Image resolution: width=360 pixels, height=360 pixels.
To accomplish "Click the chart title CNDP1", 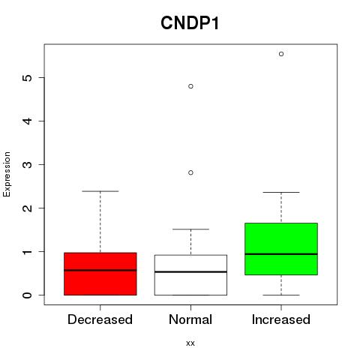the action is pos(190,23).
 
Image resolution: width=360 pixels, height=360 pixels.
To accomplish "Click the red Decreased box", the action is pos(100,274).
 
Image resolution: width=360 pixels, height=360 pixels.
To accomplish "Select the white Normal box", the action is pos(190,275).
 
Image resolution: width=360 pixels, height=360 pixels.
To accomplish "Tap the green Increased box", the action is pos(281,249).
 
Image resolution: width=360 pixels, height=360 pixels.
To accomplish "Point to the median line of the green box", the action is pos(281,254).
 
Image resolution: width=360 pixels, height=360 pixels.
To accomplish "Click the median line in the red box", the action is pos(100,270).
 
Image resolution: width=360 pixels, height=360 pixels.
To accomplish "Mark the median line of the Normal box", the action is pos(190,271).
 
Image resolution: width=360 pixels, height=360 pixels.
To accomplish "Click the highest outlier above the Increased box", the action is pos(281,54).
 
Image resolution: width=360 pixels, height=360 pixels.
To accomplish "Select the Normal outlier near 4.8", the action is pos(190,86).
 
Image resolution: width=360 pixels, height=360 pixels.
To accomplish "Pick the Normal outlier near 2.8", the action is pos(190,172).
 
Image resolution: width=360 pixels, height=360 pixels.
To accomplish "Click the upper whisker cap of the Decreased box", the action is pos(100,191).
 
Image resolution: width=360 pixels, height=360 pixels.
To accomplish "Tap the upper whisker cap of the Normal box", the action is pos(190,229).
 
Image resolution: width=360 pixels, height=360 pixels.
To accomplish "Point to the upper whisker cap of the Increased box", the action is pos(281,192).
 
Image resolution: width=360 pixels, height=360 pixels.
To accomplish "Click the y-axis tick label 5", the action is pos(27,78).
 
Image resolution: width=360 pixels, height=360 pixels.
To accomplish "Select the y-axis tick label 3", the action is pos(27,164).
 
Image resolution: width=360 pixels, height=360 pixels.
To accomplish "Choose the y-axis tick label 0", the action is pos(27,295).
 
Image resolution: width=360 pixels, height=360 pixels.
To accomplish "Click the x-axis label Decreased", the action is pos(100,319).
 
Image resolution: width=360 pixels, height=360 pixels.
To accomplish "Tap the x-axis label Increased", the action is pos(281,319).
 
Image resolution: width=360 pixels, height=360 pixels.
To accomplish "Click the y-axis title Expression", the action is pos(7,174).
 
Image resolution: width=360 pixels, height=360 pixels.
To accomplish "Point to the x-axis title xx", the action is pos(190,343).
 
